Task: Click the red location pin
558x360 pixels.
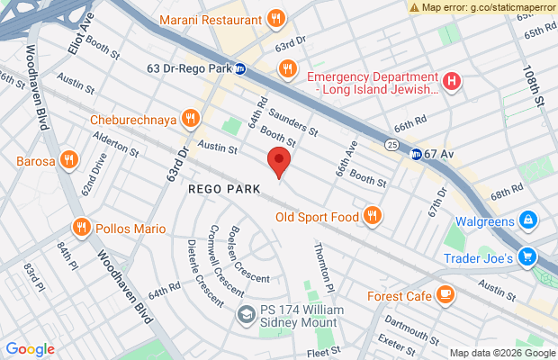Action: pos(279,164)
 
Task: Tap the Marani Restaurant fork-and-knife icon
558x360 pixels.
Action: pos(276,18)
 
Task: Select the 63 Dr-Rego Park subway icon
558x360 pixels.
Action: pos(241,68)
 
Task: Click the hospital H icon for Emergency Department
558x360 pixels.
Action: pos(452,81)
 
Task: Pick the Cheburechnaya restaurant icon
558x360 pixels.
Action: pos(189,118)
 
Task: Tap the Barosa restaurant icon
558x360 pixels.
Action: pos(69,162)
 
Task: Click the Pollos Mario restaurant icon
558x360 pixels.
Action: pos(81,227)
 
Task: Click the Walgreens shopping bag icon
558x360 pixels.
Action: pos(528,220)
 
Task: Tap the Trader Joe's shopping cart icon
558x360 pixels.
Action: pos(528,257)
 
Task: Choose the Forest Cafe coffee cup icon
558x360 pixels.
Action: pos(445,295)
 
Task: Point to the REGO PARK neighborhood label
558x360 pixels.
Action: pos(224,190)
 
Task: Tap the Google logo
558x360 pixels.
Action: pos(31,349)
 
